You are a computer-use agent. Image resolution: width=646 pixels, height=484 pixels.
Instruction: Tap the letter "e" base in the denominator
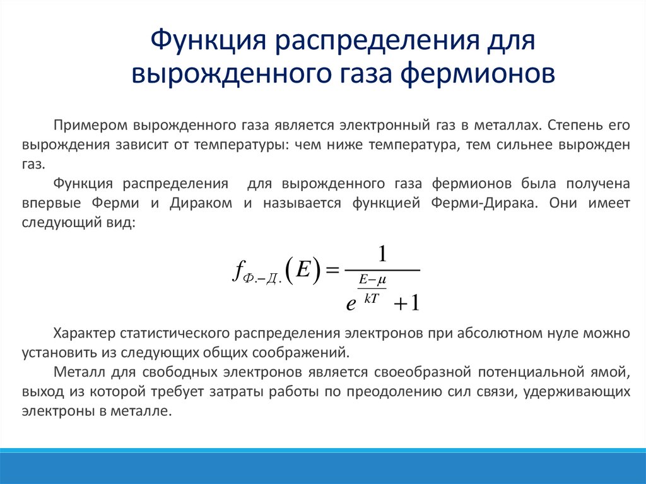(351, 304)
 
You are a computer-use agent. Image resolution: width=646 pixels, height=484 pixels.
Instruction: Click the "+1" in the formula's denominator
(406, 304)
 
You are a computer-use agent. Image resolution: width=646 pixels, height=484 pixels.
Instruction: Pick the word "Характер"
(83, 332)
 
